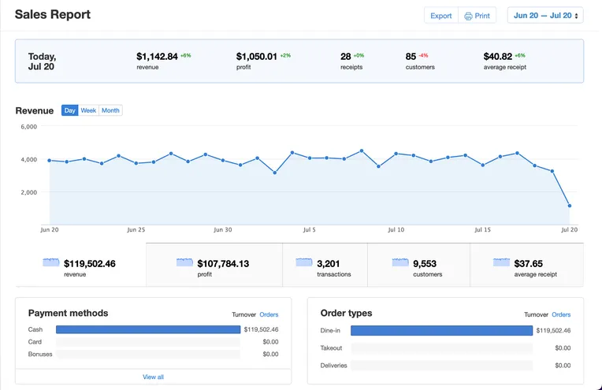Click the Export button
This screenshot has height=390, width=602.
pyautogui.click(x=440, y=16)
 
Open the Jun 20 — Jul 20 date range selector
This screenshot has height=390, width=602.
pyautogui.click(x=544, y=16)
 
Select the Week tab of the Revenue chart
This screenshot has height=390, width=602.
pyautogui.click(x=88, y=110)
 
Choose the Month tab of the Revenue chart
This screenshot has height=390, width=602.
pyautogui.click(x=111, y=110)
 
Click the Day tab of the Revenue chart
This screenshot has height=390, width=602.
pyautogui.click(x=70, y=110)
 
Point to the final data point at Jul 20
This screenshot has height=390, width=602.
pyautogui.click(x=570, y=206)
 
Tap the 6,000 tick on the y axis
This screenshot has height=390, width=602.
pyautogui.click(x=28, y=127)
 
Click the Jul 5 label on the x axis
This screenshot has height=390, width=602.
pyautogui.click(x=309, y=231)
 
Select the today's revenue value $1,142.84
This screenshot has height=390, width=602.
pyautogui.click(x=157, y=57)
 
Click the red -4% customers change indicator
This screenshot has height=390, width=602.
pyautogui.click(x=423, y=56)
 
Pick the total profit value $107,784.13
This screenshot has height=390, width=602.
pyautogui.click(x=223, y=264)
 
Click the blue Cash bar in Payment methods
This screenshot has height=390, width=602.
pyautogui.click(x=148, y=329)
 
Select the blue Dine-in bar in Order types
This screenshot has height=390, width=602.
pyautogui.click(x=441, y=330)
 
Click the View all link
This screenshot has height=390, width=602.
pyautogui.click(x=153, y=377)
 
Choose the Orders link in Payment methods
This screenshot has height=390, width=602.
pyautogui.click(x=269, y=314)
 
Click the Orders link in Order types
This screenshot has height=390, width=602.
pyautogui.click(x=561, y=314)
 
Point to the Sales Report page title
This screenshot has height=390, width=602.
pyautogui.click(x=53, y=14)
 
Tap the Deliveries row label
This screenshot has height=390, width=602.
pyautogui.click(x=333, y=366)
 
